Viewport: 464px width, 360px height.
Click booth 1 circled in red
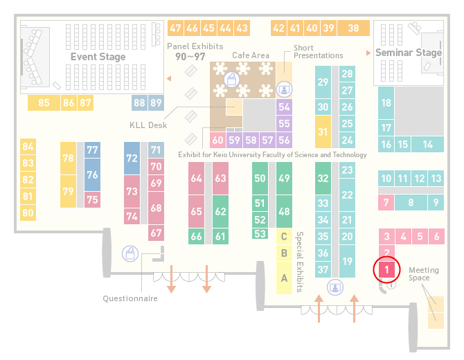386,269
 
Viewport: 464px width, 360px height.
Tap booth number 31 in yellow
323,132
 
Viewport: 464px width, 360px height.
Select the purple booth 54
284,107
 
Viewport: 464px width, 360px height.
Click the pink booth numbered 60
217,140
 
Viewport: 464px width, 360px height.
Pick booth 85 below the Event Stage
44,102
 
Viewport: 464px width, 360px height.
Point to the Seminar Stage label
409,53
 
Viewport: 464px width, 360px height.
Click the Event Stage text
98,57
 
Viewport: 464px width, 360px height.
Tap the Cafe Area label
251,55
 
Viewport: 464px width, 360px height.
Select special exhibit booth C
284,236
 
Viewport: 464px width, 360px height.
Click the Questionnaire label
130,298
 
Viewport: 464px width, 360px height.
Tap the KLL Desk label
148,125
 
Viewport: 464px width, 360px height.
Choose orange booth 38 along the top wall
354,28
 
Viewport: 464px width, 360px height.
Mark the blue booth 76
92,174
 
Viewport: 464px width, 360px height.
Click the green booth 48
284,211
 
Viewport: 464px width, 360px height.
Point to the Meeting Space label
424,273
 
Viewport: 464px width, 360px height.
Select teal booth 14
427,145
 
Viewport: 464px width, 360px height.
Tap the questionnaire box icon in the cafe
232,80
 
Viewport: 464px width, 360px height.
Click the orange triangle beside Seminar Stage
368,53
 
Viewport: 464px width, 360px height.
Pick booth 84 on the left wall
28,147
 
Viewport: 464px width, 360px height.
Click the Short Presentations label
318,52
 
